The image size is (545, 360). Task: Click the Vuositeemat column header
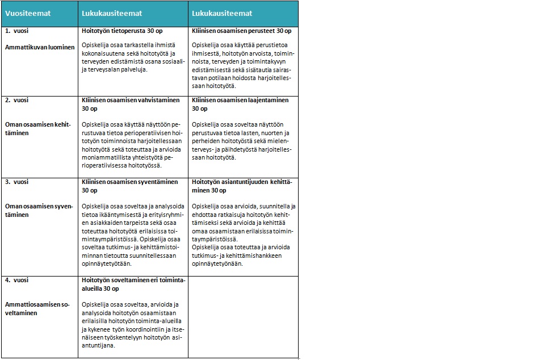[28, 13]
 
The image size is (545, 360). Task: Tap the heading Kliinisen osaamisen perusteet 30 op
[242, 31]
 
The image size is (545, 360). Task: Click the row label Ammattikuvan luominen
[40, 47]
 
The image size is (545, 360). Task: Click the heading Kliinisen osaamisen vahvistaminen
[130, 100]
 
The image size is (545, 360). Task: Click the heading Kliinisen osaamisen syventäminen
[130, 182]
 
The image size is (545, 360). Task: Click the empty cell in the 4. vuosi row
[243, 317]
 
